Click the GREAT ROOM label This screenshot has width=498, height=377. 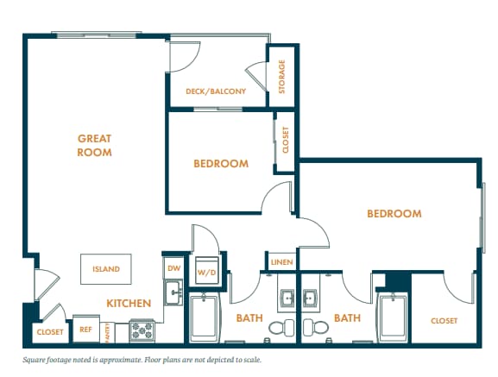point(95,145)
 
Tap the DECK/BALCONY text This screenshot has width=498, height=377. point(216,91)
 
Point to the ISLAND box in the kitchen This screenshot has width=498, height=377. point(107,268)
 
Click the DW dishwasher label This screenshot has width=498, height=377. point(173,268)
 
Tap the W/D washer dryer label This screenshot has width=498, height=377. point(207,273)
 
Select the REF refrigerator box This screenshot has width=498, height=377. point(85,329)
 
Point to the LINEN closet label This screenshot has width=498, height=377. point(281,262)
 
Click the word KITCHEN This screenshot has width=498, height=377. point(129,304)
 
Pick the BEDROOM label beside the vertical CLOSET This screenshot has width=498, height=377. point(220,163)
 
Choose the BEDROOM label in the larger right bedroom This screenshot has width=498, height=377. point(394,214)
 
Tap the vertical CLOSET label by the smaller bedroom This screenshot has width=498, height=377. point(286,140)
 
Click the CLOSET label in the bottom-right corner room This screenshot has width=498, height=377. point(444,321)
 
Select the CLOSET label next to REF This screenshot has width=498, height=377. point(48,331)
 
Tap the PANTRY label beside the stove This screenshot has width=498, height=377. point(108,330)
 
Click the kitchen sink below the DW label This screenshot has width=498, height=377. point(173,291)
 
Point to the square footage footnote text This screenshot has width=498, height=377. point(142,360)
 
